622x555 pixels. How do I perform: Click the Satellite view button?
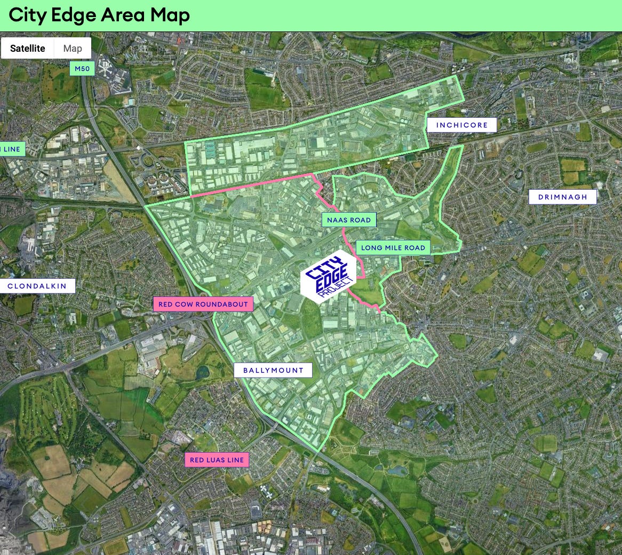tap(28, 48)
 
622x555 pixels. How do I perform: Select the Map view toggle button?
tap(73, 48)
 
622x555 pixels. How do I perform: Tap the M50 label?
tap(82, 69)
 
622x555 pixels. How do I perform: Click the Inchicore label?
tap(462, 125)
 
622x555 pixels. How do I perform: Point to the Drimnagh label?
tap(563, 197)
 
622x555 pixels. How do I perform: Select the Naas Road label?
tap(349, 220)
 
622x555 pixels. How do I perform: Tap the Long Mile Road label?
tap(393, 247)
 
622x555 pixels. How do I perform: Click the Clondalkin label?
tap(37, 286)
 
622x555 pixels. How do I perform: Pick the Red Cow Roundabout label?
tap(203, 304)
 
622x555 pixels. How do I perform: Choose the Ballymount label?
tap(273, 371)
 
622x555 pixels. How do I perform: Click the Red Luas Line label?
tap(217, 460)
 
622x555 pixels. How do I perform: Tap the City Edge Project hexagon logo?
tap(328, 277)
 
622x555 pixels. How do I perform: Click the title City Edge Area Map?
tap(99, 15)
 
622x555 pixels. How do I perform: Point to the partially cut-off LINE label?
tap(11, 149)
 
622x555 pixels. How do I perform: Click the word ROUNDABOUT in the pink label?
tap(223, 304)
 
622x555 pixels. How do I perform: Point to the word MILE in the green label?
tap(396, 247)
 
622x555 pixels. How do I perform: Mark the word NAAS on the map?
tap(338, 220)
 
